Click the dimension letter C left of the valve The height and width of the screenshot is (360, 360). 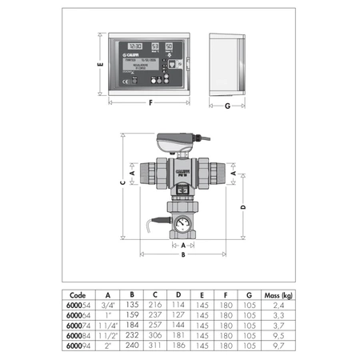click(122, 182)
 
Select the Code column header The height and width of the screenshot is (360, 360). click(78, 294)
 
